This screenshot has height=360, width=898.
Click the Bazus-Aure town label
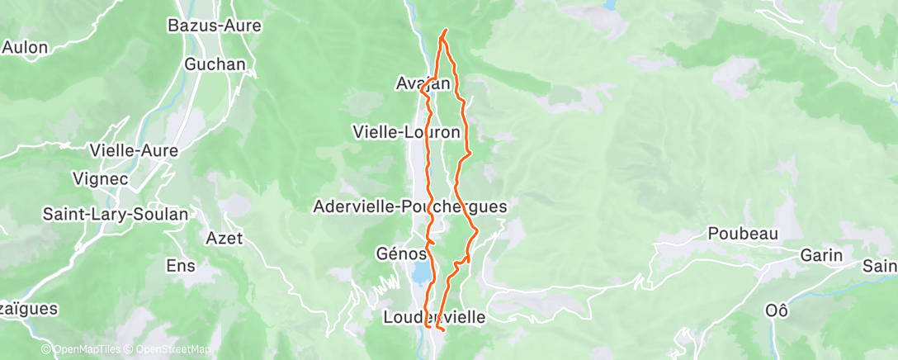[215, 26]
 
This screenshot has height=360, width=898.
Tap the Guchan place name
[215, 64]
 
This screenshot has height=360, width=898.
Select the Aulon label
[25, 47]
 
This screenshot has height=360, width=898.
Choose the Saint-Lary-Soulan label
[116, 214]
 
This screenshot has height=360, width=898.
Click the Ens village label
[181, 266]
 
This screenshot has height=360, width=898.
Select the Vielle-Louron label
[406, 131]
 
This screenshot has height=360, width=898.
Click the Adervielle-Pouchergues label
[410, 206]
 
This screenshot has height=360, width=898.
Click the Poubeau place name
[743, 234]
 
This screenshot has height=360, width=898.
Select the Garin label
[821, 256]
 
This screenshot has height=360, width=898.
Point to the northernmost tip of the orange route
[446, 31]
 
